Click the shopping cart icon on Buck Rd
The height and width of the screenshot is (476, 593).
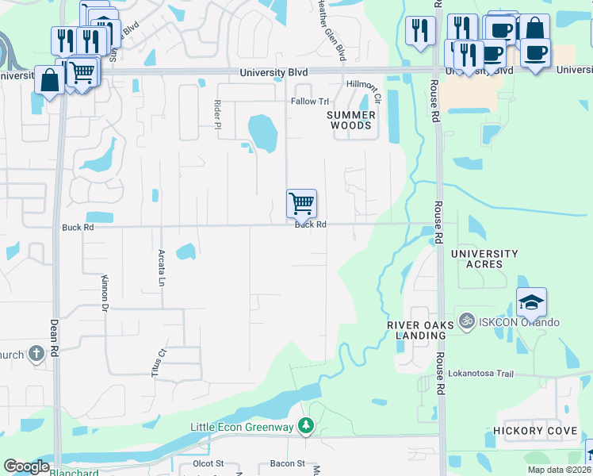pyautogui.click(x=301, y=203)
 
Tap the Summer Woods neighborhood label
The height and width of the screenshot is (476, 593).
pyautogui.click(x=350, y=121)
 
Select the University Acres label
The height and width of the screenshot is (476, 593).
pyautogui.click(x=484, y=259)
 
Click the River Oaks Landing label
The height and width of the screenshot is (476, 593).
pyautogui.click(x=420, y=330)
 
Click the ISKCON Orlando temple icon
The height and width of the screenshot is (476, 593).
pyautogui.click(x=465, y=322)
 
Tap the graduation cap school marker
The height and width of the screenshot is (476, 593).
pyautogui.click(x=531, y=302)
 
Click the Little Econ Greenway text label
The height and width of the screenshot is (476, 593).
pyautogui.click(x=243, y=427)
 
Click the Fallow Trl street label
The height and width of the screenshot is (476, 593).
pyautogui.click(x=309, y=102)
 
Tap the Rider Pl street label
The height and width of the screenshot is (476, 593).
pyautogui.click(x=216, y=113)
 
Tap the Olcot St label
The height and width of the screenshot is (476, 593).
pyautogui.click(x=209, y=463)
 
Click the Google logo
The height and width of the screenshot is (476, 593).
pyautogui.click(x=26, y=466)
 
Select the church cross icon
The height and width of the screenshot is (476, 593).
pyautogui.click(x=36, y=354)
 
